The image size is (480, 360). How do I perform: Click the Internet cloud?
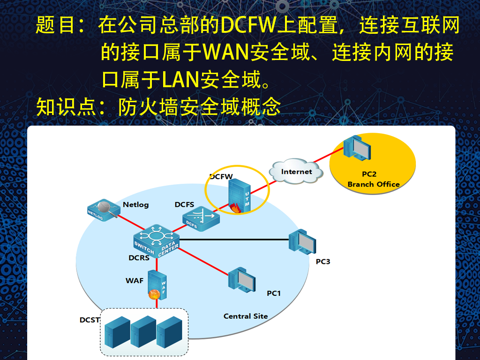(x=296, y=172)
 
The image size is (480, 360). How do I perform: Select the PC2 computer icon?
(x=359, y=150)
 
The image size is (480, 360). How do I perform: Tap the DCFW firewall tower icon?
(x=239, y=197)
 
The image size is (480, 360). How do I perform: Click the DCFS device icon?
(x=200, y=218)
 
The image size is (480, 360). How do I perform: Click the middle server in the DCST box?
(x=143, y=332)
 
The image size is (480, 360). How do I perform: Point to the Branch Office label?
(x=374, y=184)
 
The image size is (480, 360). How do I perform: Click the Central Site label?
(x=246, y=316)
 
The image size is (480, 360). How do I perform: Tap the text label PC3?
(x=323, y=261)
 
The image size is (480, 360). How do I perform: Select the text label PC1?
(x=273, y=293)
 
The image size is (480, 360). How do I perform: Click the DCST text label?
(x=90, y=320)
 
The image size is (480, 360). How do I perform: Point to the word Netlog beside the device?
(x=135, y=204)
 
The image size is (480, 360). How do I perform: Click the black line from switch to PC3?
(x=234, y=240)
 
